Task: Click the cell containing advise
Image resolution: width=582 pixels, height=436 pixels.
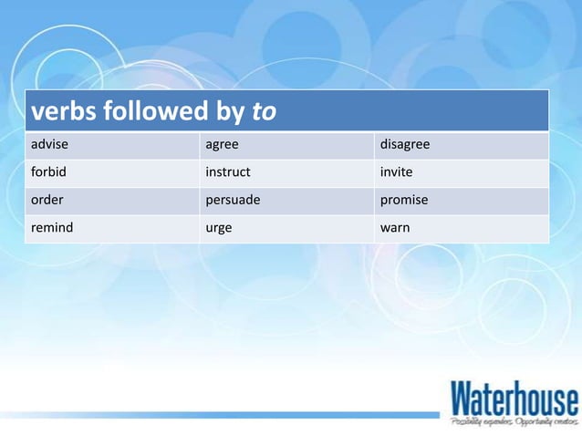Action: (x=49, y=145)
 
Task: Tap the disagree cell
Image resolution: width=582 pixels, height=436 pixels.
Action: (x=404, y=145)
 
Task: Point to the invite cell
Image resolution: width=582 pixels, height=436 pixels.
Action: (x=396, y=172)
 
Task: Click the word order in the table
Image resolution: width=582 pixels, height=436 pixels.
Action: (x=47, y=200)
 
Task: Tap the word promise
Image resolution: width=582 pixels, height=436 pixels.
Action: (x=403, y=200)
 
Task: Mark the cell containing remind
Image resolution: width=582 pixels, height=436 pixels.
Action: (x=52, y=227)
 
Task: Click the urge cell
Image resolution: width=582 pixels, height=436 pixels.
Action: (x=219, y=228)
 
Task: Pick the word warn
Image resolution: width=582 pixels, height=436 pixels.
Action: (x=394, y=227)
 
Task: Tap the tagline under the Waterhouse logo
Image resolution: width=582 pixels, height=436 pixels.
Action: (x=514, y=421)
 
